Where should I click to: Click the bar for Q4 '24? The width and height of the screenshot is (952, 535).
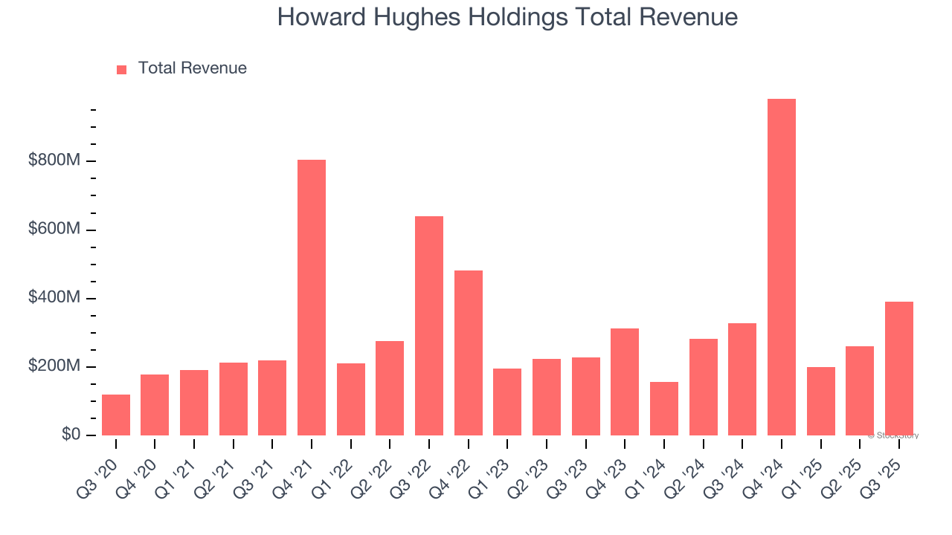click(781, 267)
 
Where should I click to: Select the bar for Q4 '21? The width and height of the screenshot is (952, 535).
click(312, 297)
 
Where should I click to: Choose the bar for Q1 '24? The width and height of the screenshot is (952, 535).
click(664, 409)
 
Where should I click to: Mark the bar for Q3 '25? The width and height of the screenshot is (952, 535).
click(898, 368)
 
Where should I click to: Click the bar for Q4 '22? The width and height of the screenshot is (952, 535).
click(469, 352)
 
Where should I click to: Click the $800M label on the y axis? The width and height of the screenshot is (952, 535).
click(55, 160)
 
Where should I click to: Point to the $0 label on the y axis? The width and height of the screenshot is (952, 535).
click(71, 435)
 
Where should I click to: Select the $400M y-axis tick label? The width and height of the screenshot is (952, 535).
click(55, 298)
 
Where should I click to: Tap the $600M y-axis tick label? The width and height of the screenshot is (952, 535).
click(55, 230)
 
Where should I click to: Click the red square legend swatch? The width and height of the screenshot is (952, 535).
click(122, 69)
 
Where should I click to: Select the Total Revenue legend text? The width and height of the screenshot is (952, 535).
click(192, 68)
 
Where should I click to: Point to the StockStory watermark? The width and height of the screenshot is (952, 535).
click(892, 435)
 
